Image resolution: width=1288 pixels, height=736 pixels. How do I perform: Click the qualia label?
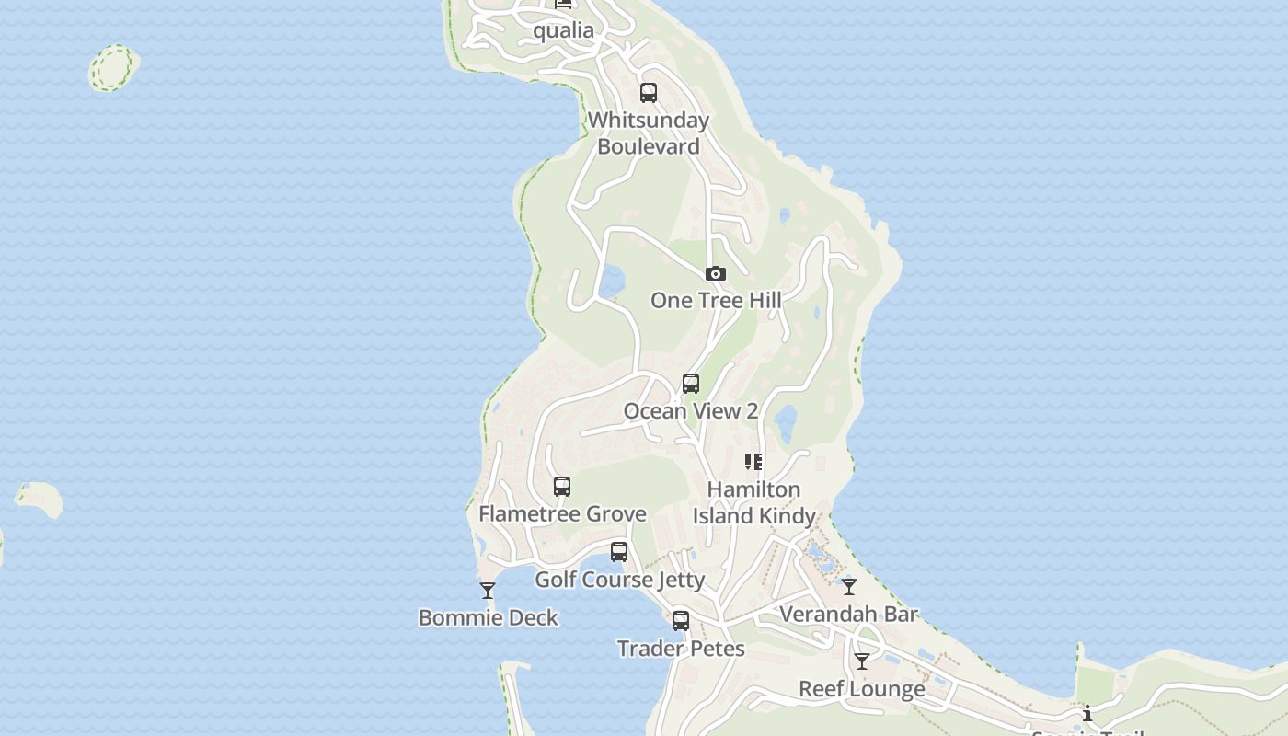(x=564, y=30)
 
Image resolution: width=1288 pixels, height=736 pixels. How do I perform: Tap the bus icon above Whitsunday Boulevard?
(x=649, y=92)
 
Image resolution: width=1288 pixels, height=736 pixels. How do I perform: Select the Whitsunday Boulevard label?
(x=649, y=133)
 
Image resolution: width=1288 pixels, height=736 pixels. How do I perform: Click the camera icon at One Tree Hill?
(x=716, y=273)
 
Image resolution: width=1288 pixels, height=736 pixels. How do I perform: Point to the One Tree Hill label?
(x=716, y=300)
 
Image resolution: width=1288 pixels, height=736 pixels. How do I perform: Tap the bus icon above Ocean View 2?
(x=691, y=384)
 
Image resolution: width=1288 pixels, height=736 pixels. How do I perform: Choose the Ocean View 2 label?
(x=691, y=411)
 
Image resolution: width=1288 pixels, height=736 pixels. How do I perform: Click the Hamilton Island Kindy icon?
(x=753, y=462)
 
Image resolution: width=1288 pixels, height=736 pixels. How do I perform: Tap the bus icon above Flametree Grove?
(x=562, y=487)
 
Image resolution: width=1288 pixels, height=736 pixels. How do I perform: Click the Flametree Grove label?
(x=562, y=514)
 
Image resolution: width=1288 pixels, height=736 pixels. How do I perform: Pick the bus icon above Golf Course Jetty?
(x=619, y=552)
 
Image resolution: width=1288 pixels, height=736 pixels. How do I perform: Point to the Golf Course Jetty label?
(x=619, y=580)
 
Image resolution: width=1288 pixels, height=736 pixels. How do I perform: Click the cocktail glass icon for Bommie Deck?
(x=488, y=591)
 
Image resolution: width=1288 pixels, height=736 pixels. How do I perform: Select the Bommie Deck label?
(x=489, y=617)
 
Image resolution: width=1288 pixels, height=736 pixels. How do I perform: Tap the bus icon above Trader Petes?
(x=681, y=621)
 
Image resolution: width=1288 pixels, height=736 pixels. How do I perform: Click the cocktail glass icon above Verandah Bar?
(x=849, y=586)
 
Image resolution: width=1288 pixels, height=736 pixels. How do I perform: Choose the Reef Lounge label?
(x=862, y=689)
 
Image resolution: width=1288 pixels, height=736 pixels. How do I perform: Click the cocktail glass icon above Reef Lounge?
(x=862, y=661)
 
